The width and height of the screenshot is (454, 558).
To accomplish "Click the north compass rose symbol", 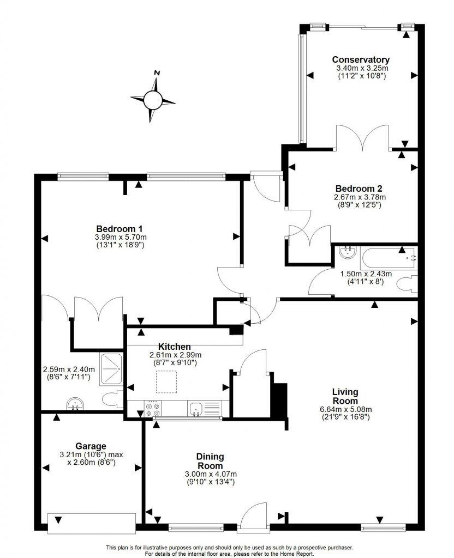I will tap(153, 99).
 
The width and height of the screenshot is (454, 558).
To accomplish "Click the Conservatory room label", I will tap(361, 60).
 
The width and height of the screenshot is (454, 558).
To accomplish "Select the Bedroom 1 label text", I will tap(120, 228).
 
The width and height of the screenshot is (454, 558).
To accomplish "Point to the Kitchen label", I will tap(174, 347).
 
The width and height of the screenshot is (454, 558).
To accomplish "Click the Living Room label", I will tap(345, 396).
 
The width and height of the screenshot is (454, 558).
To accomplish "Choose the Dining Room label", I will tap(210, 461).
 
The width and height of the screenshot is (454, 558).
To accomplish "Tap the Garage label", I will tap(91, 445).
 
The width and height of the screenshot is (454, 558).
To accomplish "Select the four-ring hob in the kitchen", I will tap(153, 409).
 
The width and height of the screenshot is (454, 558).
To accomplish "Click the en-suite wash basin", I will tap(75, 404).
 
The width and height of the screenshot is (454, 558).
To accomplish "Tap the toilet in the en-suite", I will tap(112, 399).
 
